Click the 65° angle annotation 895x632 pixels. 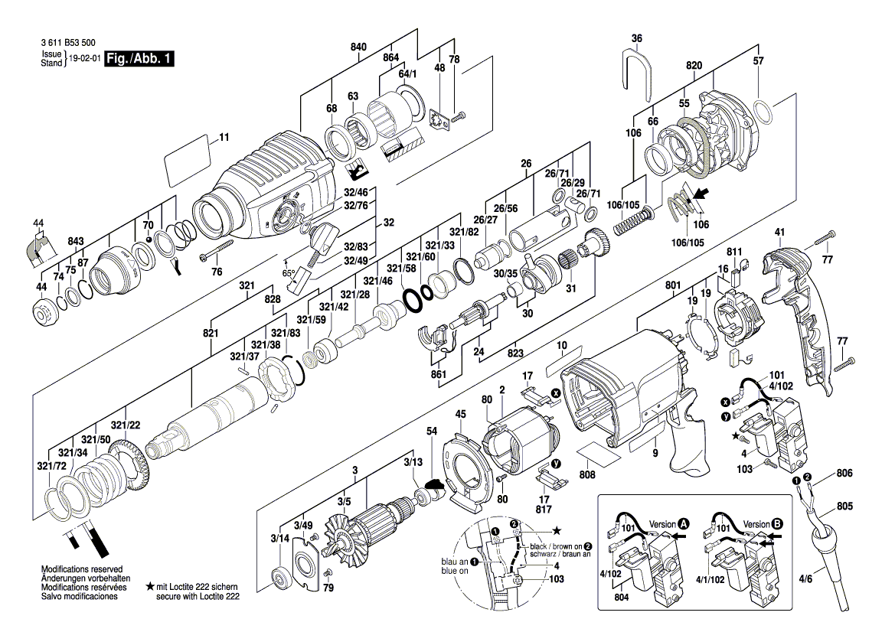(x=289, y=272)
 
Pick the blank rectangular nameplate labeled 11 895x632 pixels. (x=187, y=160)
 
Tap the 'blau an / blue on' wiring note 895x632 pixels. (x=456, y=565)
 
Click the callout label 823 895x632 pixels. (x=516, y=353)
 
